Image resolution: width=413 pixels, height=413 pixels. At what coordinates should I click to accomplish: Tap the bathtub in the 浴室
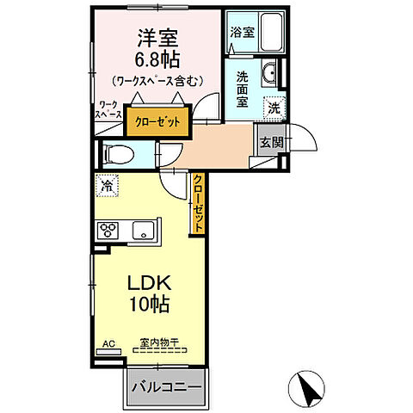coord(271,32)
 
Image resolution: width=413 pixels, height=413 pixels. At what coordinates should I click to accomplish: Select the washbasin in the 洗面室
coord(269,73)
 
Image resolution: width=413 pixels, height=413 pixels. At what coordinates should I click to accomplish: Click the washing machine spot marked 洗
coord(274,108)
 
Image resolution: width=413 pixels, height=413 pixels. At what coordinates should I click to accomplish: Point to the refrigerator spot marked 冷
coord(107,186)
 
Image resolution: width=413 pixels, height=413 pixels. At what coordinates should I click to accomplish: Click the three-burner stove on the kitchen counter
coord(108,231)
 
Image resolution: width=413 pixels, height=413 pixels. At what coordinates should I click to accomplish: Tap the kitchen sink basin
coord(143,231)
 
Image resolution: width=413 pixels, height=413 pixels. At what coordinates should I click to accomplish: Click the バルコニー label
coord(166,388)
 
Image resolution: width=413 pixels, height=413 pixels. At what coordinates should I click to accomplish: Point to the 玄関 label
coord(272,142)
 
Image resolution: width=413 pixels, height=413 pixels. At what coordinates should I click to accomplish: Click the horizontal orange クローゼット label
coord(157,122)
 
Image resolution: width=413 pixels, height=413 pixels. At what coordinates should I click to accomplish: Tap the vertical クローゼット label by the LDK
coord(198,203)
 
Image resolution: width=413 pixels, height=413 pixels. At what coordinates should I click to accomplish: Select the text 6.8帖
coord(157,59)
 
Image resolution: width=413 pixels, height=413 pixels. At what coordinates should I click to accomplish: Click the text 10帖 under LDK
coord(149,304)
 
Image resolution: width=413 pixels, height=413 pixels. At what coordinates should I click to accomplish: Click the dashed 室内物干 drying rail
coord(160,350)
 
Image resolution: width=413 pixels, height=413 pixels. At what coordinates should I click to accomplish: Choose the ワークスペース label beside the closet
coord(108,110)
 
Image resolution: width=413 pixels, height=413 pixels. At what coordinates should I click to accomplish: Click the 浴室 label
coord(243,32)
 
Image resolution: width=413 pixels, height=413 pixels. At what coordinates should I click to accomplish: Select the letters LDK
coord(149,282)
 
